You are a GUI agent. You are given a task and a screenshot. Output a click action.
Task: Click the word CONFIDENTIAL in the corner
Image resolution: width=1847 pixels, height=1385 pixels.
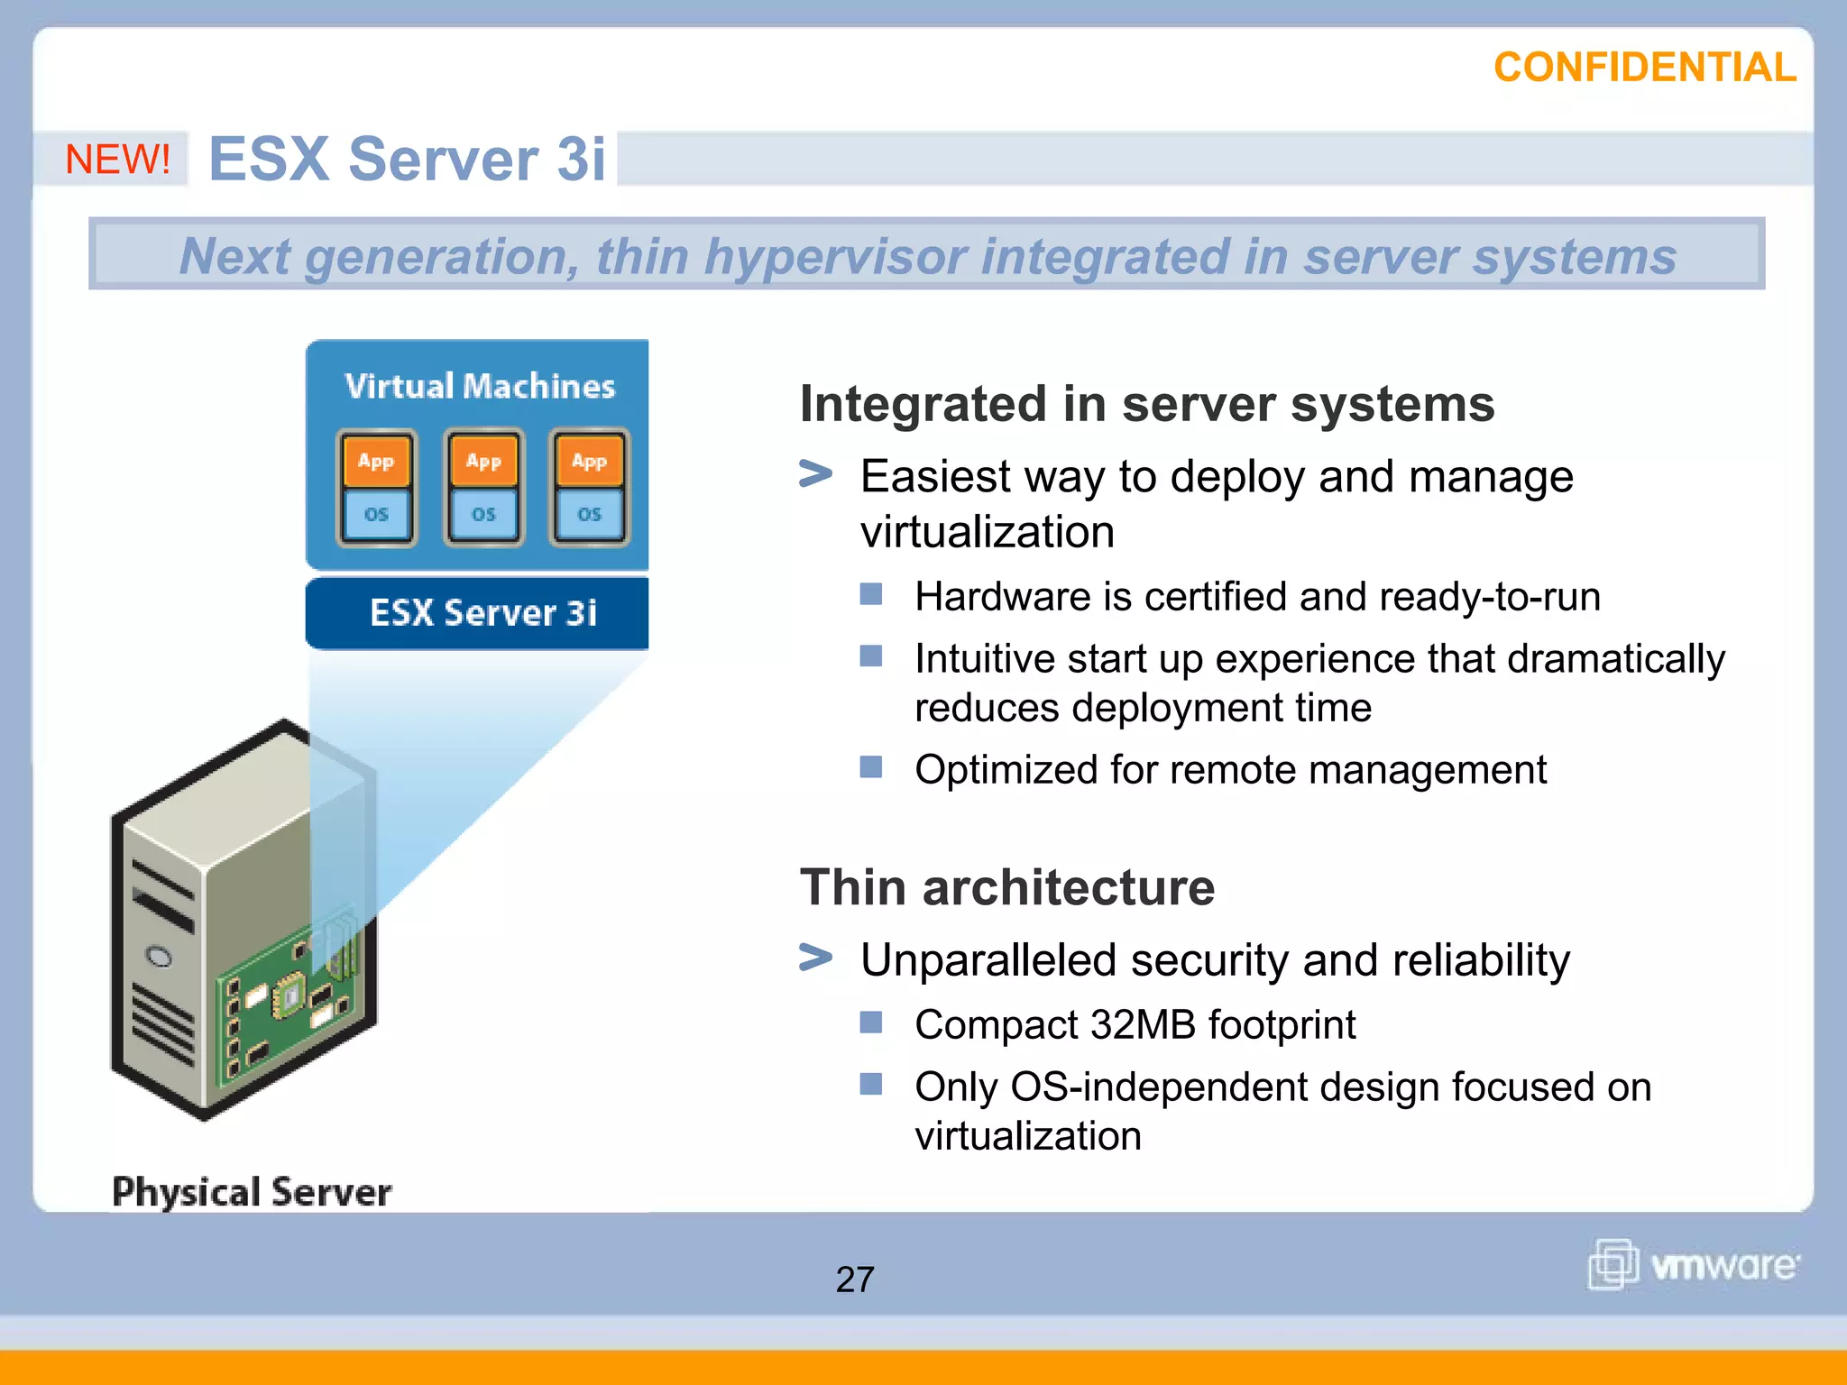coord(1644,69)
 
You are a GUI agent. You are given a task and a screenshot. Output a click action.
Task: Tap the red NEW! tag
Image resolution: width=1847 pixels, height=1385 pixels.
coord(117,160)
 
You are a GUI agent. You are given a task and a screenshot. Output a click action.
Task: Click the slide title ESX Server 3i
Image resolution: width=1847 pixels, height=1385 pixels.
coord(407,160)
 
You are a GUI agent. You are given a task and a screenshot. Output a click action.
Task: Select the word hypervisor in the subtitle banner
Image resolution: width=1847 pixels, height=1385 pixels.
coord(834,256)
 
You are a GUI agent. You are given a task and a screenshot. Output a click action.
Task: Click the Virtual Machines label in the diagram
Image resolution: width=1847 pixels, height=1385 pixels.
coord(480,386)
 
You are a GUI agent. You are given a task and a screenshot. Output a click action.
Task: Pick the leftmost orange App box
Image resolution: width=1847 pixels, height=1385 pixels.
coord(376,461)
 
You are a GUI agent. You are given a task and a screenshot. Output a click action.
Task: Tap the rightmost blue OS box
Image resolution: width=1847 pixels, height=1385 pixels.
coord(589,514)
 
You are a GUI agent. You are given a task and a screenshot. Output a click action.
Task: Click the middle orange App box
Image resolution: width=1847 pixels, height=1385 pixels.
coord(483,461)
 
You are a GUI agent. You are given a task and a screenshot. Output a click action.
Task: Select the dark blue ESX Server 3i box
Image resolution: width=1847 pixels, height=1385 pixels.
coord(478,613)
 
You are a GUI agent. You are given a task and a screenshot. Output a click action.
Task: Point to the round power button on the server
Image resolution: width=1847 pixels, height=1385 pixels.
coord(159,957)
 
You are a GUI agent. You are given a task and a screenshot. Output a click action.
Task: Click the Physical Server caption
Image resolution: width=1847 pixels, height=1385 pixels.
coord(252,1192)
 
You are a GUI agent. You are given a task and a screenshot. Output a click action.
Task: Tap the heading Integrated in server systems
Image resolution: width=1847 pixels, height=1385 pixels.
coord(1146,404)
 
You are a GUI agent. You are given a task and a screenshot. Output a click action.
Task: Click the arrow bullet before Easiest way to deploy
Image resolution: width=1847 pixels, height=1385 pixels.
coord(815,473)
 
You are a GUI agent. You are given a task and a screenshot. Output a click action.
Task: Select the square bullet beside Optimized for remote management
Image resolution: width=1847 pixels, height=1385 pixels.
coord(870,767)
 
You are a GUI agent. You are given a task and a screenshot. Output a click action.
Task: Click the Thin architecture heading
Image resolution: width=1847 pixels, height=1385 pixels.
coord(1007,887)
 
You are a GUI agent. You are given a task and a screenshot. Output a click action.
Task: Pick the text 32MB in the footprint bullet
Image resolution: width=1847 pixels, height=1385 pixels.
coord(1144,1025)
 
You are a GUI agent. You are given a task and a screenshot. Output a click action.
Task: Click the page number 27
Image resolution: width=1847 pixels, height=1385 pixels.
coord(855,1279)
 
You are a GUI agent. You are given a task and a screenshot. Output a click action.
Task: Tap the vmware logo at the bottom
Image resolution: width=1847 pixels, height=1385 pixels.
coord(1693,1264)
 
